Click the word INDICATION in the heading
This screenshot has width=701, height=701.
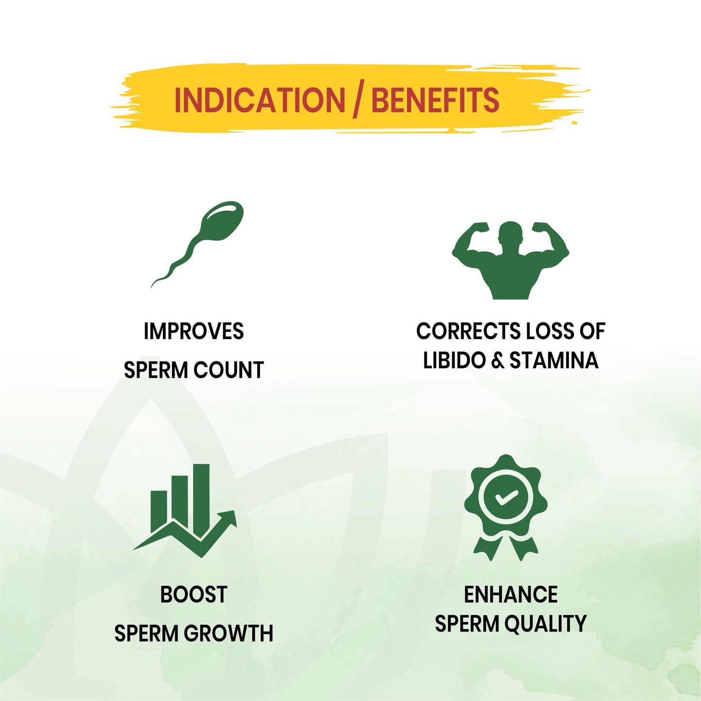click(x=260, y=100)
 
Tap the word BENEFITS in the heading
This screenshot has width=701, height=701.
click(x=436, y=100)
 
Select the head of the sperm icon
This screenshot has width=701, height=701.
click(x=222, y=220)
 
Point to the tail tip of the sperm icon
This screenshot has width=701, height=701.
click(x=152, y=286)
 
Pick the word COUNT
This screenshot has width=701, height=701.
click(x=228, y=370)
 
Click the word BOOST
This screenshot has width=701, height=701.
click(x=194, y=594)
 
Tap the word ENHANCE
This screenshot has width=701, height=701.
click(x=511, y=594)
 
